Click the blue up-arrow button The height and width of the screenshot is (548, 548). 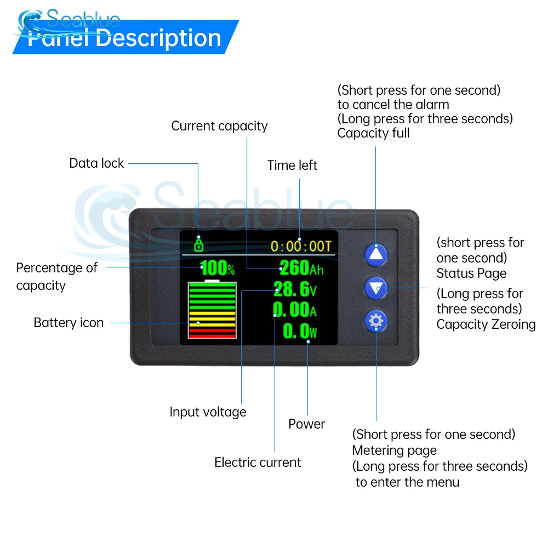(x=376, y=254)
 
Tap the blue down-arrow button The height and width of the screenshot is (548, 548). (x=376, y=287)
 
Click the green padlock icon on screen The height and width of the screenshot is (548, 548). (x=198, y=244)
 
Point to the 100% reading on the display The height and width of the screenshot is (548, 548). (x=217, y=269)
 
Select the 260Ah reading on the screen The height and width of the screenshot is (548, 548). (x=301, y=268)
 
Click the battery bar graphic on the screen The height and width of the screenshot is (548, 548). (x=213, y=310)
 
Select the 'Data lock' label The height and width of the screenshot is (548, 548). (x=96, y=163)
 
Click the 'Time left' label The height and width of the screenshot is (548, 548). (x=292, y=165)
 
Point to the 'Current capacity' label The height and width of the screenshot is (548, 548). (x=219, y=126)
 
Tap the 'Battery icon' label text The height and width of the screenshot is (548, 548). (x=68, y=323)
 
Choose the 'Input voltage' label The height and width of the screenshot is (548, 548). (x=208, y=412)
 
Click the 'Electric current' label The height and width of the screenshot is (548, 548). (x=258, y=463)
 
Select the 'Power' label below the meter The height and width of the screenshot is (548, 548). (x=306, y=424)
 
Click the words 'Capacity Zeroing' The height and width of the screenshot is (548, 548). (x=486, y=324)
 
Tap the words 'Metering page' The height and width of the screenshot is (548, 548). (x=394, y=450)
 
